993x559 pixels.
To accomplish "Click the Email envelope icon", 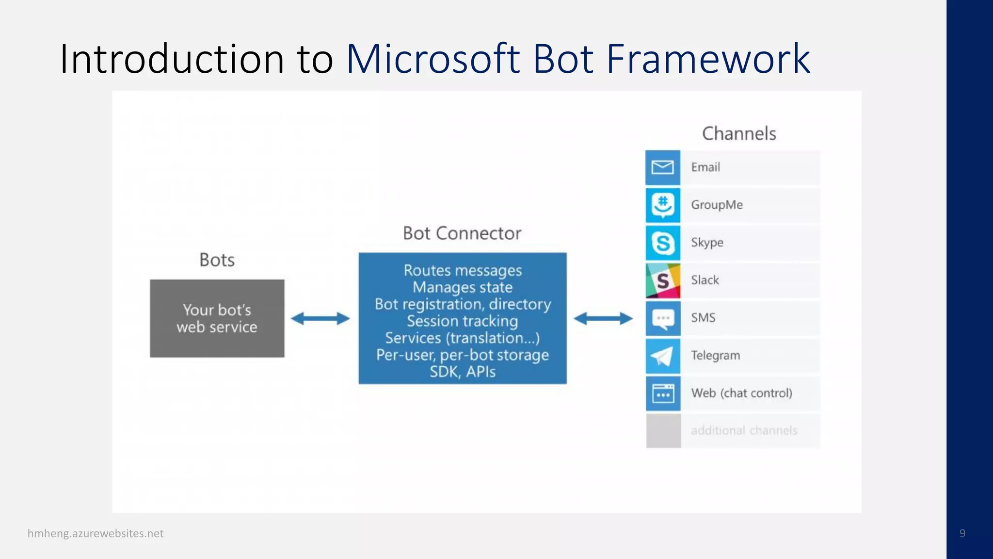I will [x=662, y=167].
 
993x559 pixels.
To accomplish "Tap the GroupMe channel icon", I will [x=662, y=205].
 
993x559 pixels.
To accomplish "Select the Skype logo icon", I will [x=662, y=243].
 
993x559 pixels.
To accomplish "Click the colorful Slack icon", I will [x=662, y=280].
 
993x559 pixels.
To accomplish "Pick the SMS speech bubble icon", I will [x=662, y=318].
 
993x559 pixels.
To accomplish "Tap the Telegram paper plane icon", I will [x=662, y=356].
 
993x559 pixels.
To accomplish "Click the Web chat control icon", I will [x=662, y=394].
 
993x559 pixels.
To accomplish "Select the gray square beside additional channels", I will [x=663, y=431].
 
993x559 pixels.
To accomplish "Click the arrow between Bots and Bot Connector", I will [x=320, y=319].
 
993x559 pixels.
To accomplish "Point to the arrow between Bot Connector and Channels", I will [x=603, y=319].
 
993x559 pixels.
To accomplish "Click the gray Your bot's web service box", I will [x=217, y=318].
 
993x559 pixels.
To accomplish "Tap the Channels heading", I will [x=738, y=133].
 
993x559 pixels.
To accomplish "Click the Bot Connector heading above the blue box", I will [x=462, y=233].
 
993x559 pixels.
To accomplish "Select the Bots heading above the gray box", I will [x=217, y=260].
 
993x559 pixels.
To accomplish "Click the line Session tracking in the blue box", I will [x=462, y=321].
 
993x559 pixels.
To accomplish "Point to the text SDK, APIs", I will [x=462, y=372].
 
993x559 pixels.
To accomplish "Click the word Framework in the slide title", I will [x=708, y=59].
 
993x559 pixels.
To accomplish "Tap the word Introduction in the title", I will [x=172, y=59].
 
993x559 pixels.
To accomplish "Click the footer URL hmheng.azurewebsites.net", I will [x=96, y=534].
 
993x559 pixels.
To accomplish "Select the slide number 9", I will [x=962, y=534].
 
